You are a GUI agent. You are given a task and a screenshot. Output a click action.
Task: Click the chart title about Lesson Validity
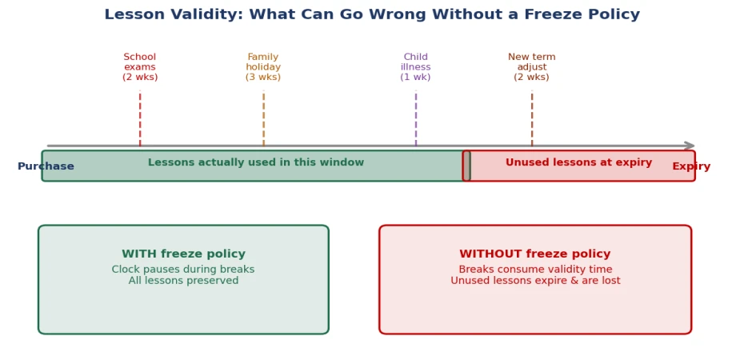click(x=372, y=14)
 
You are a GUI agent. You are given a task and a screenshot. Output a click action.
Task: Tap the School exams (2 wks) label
click(x=140, y=67)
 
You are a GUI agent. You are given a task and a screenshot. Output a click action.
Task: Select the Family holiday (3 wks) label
click(x=263, y=67)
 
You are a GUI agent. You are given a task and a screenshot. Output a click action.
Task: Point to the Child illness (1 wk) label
click(x=416, y=67)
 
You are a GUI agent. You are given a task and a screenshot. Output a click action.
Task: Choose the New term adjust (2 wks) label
click(x=532, y=67)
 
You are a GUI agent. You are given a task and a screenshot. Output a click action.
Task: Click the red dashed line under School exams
click(x=140, y=118)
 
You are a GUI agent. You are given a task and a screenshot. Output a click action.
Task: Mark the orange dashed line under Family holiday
click(x=263, y=118)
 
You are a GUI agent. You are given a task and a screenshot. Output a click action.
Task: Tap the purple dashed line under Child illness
click(x=416, y=118)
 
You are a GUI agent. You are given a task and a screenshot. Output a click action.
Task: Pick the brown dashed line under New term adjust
click(x=532, y=118)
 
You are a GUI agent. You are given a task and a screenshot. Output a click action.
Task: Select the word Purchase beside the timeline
click(x=46, y=166)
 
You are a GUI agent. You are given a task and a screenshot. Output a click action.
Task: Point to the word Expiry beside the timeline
click(x=691, y=166)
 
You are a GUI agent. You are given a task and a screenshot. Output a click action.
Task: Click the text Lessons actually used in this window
click(x=256, y=162)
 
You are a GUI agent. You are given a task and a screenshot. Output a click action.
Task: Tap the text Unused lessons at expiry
click(x=579, y=162)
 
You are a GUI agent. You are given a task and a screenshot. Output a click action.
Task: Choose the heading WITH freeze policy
click(x=184, y=254)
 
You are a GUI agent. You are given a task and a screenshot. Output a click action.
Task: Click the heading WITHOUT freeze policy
click(x=535, y=254)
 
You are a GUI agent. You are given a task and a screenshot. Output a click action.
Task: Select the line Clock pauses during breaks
click(x=183, y=270)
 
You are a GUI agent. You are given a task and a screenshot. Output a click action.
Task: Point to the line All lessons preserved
click(x=184, y=281)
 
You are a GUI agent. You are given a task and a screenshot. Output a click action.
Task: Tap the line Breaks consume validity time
click(x=535, y=270)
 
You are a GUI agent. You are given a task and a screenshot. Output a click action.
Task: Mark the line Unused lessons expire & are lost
click(x=535, y=281)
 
